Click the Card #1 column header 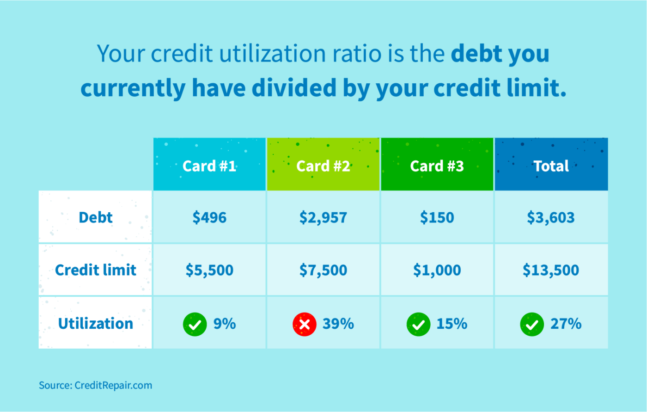(209, 166)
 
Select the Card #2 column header (323, 166)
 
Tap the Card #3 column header (437, 166)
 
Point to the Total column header (551, 166)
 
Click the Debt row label (95, 217)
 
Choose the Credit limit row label (95, 270)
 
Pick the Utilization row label (95, 323)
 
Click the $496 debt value (209, 217)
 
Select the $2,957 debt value (323, 217)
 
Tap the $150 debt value (437, 217)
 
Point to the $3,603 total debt (551, 217)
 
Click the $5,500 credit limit (209, 270)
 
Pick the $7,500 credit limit (323, 270)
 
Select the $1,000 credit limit (437, 270)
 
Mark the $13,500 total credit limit (551, 270)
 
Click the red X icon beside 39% (305, 324)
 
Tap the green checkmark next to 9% (195, 324)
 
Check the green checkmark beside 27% (532, 324)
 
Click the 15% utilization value (452, 324)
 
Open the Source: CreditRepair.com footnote (95, 385)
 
